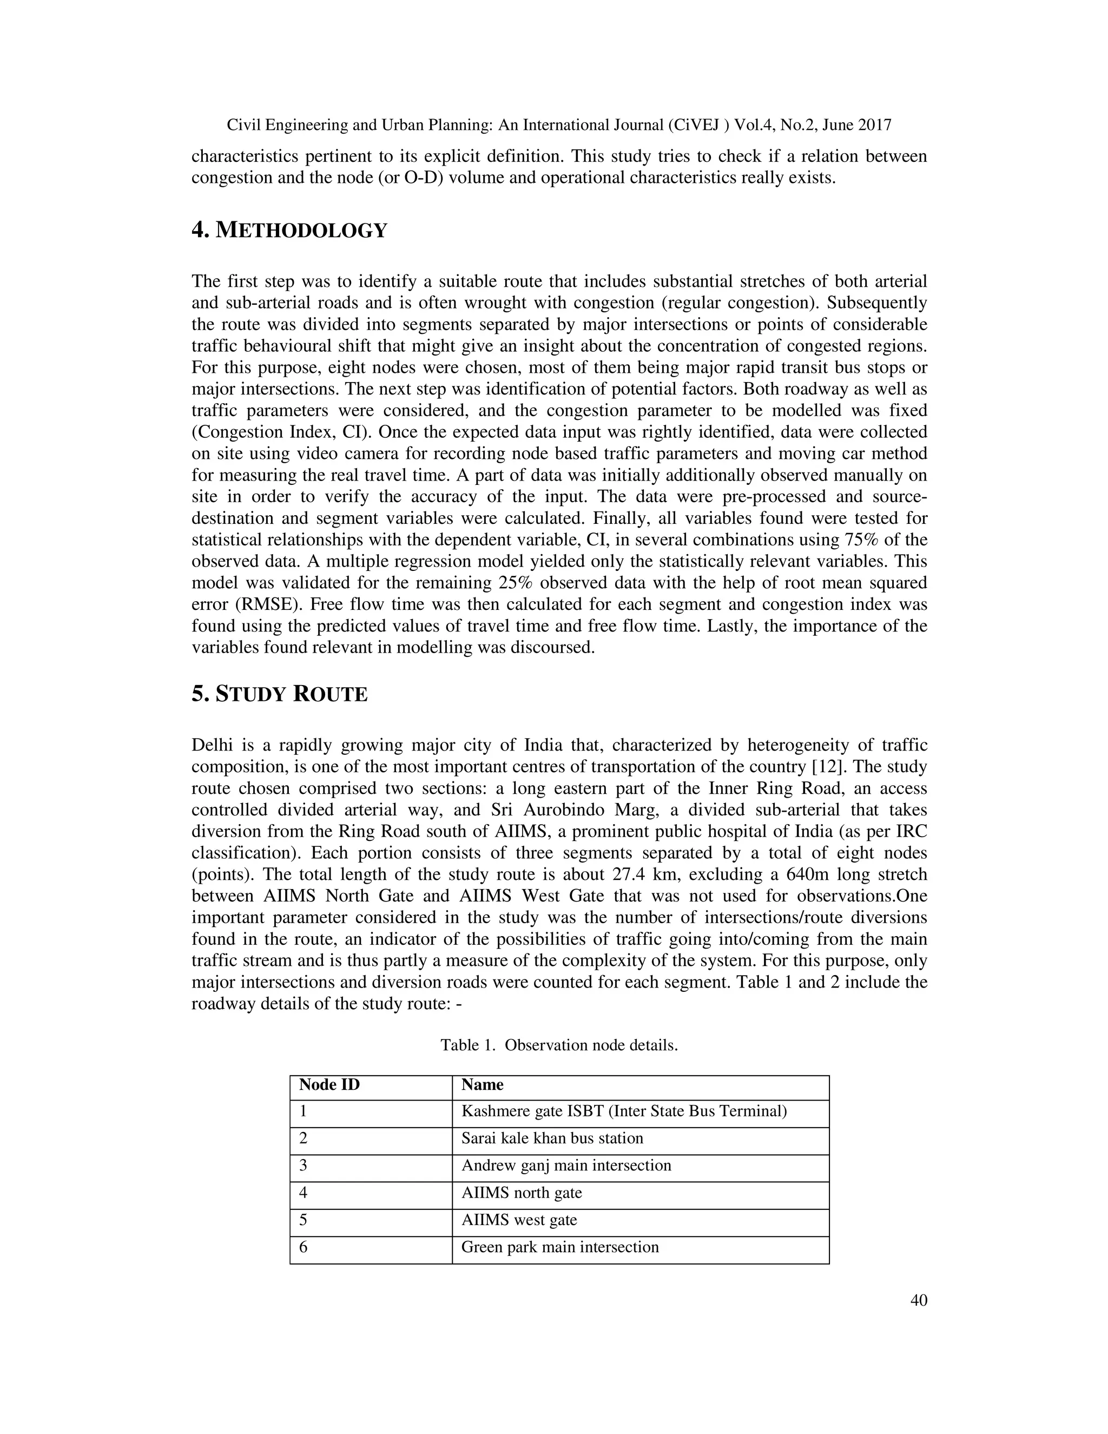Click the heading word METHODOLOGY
coord(301,231)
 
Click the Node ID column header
coord(329,1084)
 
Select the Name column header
coord(482,1084)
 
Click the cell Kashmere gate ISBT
coord(624,1111)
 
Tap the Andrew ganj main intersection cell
coord(566,1166)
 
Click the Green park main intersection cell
coord(559,1247)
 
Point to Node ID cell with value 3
coord(304,1166)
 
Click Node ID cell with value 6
coord(304,1247)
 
